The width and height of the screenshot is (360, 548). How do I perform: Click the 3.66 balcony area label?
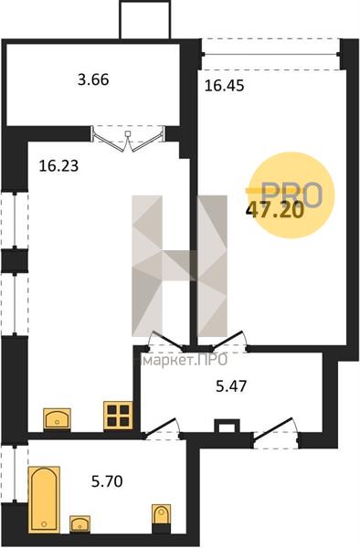[93, 80]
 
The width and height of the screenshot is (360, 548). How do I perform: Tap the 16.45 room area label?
[224, 86]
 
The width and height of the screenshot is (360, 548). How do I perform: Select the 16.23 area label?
[58, 165]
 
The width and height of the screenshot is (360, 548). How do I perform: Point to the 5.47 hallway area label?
[231, 386]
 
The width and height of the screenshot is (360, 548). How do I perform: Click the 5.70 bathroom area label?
[107, 481]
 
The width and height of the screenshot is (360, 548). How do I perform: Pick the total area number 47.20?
[275, 211]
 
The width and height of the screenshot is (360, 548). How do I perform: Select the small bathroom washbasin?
[79, 524]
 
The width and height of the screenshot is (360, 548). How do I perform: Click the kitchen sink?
[57, 418]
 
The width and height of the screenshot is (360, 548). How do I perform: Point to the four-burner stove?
[118, 416]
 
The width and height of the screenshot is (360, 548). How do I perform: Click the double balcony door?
[128, 139]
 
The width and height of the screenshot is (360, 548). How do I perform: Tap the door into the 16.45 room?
[230, 341]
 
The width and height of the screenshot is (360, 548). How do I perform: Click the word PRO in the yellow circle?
[291, 195]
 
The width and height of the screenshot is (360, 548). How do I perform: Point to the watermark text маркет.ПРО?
[182, 360]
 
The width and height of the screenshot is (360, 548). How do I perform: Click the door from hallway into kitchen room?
[164, 342]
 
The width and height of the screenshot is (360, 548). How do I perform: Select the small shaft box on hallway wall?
[227, 426]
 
